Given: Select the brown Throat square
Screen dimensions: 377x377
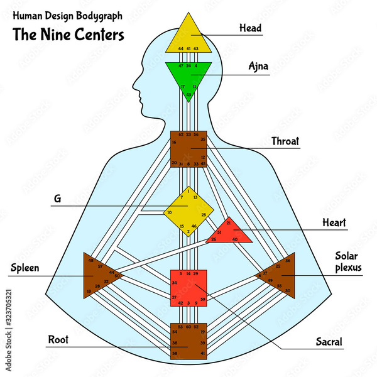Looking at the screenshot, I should click(x=188, y=149).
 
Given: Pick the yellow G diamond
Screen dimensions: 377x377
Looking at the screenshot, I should click(x=188, y=210).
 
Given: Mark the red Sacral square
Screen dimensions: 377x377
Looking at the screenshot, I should click(x=188, y=288).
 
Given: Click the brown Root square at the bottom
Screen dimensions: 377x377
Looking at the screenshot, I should click(x=188, y=341).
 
